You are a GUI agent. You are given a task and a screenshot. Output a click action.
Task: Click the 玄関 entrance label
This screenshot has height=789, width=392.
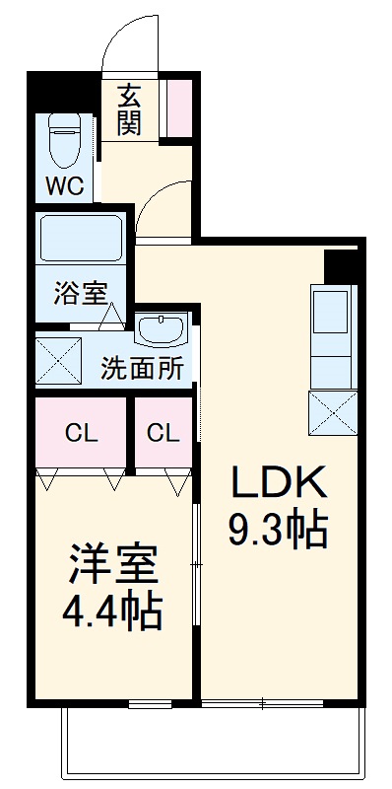[130, 108]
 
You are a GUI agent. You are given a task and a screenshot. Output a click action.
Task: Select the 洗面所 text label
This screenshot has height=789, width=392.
[142, 369]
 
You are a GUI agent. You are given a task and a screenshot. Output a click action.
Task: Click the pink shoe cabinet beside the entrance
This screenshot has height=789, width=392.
[180, 108]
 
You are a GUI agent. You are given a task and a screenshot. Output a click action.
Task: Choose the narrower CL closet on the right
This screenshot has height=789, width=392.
[163, 432]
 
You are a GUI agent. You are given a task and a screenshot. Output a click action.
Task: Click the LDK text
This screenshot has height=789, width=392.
[278, 483]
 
